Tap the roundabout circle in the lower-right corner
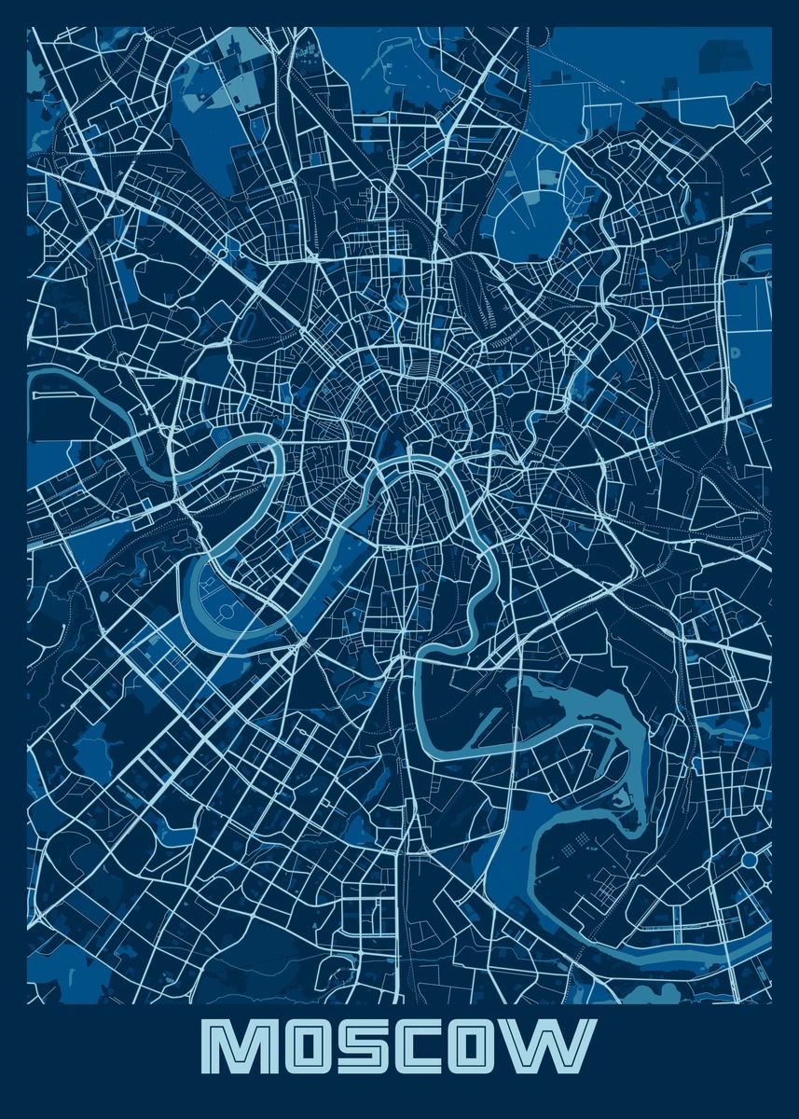[749, 859]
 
